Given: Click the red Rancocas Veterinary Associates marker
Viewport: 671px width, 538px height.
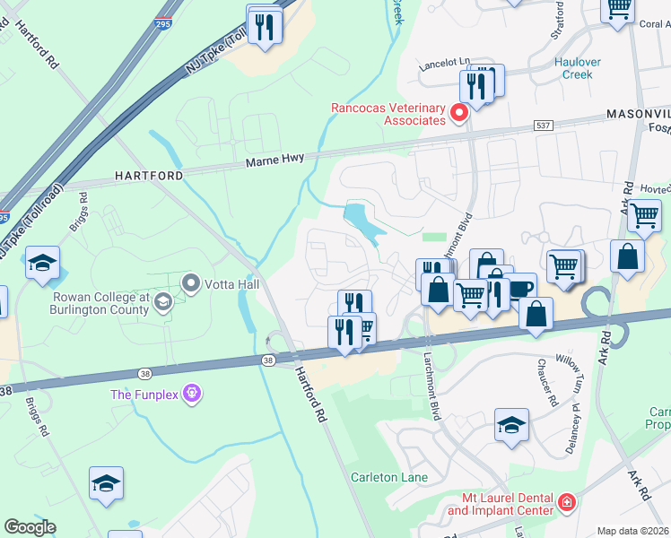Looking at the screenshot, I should [x=459, y=113].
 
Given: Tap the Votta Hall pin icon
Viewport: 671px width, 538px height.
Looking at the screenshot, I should [x=190, y=283].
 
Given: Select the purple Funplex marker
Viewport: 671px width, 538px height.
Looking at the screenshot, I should [x=191, y=393].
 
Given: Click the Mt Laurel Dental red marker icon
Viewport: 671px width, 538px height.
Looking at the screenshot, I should [x=566, y=502].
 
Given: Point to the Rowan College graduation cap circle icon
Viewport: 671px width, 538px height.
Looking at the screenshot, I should [x=161, y=300].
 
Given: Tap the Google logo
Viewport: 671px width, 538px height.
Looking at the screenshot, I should [x=30, y=527].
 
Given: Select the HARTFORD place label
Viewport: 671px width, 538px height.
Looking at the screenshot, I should [x=149, y=176].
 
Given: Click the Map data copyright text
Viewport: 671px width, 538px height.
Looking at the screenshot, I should [x=633, y=531].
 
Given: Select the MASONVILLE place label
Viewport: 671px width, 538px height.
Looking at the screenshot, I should [x=638, y=114].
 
